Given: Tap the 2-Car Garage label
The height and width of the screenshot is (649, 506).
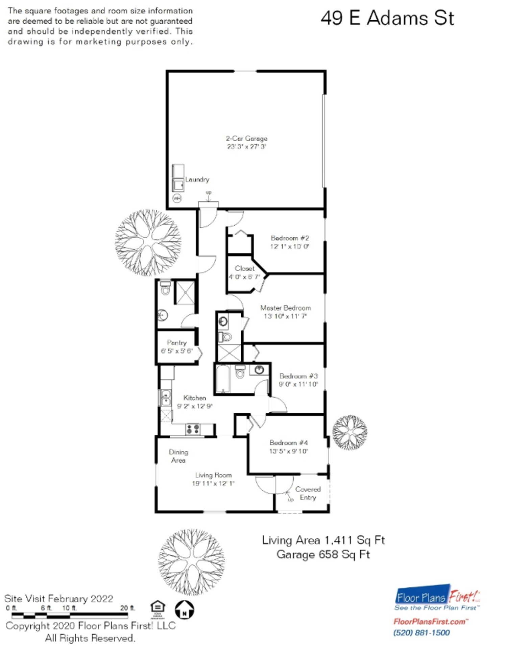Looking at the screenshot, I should tap(246, 138).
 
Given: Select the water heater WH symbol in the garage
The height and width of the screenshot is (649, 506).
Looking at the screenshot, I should tap(177, 198).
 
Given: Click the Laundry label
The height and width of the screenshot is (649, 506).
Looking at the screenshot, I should tap(197, 179).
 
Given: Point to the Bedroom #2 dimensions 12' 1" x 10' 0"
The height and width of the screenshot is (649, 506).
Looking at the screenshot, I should tap(290, 246).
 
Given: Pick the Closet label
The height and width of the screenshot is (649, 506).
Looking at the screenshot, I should tap(244, 268).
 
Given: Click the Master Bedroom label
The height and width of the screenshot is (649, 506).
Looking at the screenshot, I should tap(285, 308).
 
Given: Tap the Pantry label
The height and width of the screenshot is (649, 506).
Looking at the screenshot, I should tap(176, 342).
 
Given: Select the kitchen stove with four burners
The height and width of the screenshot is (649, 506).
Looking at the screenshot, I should tap(193, 429).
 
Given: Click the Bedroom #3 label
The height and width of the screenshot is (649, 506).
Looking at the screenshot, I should tap(298, 376).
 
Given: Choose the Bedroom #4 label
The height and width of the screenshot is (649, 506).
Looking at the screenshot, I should tap(288, 442).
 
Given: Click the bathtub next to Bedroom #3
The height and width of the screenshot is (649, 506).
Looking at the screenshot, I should tap(223, 379).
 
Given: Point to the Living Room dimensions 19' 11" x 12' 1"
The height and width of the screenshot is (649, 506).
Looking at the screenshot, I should tap(213, 483).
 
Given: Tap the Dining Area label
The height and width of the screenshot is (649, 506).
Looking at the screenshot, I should tap(178, 456).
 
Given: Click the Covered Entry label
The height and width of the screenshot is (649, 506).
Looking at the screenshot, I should tap(308, 493).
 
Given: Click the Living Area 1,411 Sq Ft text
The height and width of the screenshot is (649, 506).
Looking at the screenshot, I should tap(323, 540).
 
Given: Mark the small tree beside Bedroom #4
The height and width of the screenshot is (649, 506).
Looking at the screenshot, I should tap(350, 432).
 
